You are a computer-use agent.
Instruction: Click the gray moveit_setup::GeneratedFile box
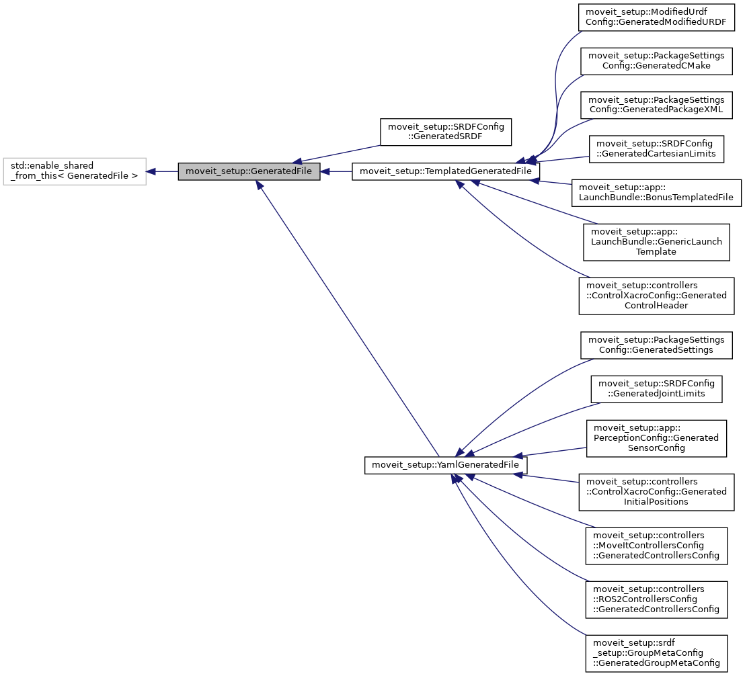[x=249, y=171]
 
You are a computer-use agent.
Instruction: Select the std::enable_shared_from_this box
[x=75, y=171]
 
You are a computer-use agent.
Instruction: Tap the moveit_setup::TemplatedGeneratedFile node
[x=446, y=171]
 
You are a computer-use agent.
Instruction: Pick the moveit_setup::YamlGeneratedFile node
[x=446, y=465]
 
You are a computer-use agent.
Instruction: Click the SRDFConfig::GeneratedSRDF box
[x=446, y=132]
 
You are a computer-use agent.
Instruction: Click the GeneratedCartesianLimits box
[x=656, y=148]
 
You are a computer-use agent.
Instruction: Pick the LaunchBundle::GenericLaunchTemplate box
[x=656, y=242]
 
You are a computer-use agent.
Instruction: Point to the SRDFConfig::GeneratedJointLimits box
[x=656, y=388]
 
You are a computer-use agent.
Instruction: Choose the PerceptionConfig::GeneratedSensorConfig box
[x=656, y=437]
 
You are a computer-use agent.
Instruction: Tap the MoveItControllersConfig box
[x=656, y=545]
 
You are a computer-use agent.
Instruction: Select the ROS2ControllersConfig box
[x=656, y=599]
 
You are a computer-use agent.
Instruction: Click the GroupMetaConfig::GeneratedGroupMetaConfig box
[x=656, y=652]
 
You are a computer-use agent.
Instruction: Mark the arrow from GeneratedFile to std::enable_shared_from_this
[x=162, y=171]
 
